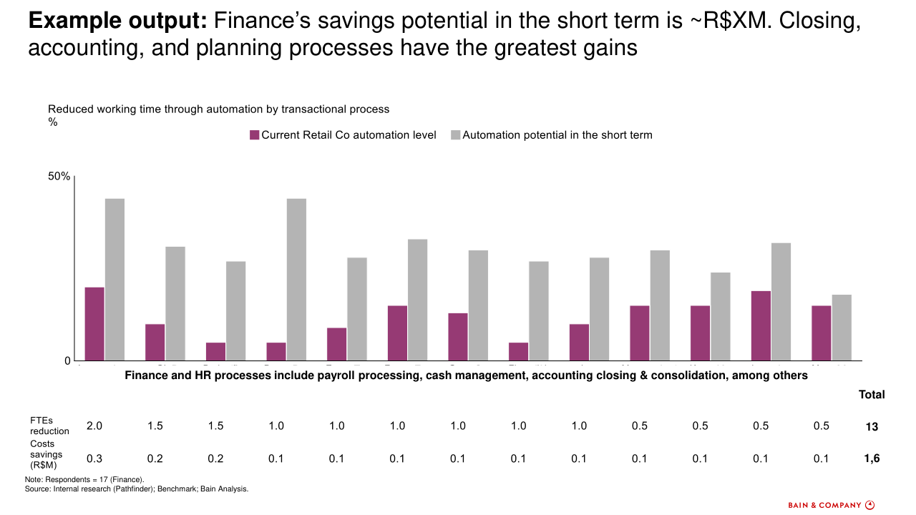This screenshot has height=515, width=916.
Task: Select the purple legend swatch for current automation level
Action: tap(254, 134)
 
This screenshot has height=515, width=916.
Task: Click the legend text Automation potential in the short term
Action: tap(557, 134)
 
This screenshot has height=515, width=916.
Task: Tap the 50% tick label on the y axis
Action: tap(59, 177)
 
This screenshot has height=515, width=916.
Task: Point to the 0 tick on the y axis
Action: tap(67, 361)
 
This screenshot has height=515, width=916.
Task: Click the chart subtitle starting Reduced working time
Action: tap(218, 109)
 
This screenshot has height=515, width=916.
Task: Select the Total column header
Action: tap(872, 394)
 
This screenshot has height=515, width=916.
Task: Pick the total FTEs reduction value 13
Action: tap(872, 426)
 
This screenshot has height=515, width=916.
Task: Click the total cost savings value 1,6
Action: tap(872, 458)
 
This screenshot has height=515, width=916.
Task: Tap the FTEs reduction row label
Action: tap(49, 426)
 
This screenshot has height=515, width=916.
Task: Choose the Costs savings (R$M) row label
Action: tap(47, 454)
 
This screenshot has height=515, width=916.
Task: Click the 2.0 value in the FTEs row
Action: tap(94, 426)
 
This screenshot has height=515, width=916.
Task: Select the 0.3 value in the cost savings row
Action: tap(94, 458)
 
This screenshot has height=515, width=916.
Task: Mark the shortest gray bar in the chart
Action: tap(842, 328)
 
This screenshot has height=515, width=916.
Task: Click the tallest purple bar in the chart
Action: tap(94, 323)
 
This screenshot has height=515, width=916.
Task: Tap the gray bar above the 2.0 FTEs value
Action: tap(114, 279)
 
